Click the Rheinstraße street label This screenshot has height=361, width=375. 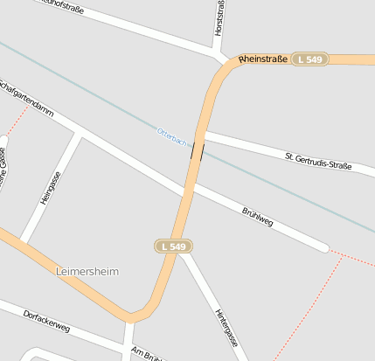coord(262,59)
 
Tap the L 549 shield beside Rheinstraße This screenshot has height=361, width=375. coord(309,59)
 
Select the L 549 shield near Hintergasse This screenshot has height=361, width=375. coord(174,246)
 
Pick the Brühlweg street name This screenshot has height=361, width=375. coord(258,217)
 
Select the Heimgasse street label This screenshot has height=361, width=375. coord(51,188)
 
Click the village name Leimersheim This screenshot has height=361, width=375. coord(87,272)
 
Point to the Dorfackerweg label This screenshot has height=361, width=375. coord(46,321)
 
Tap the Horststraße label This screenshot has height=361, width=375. coord(218,19)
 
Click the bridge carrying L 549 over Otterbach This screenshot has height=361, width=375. coord(198,149)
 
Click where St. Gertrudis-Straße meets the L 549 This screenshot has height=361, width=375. coord(203,134)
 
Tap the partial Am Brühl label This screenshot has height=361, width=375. coord(147,354)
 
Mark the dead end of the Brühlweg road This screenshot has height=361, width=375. coord(325,248)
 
